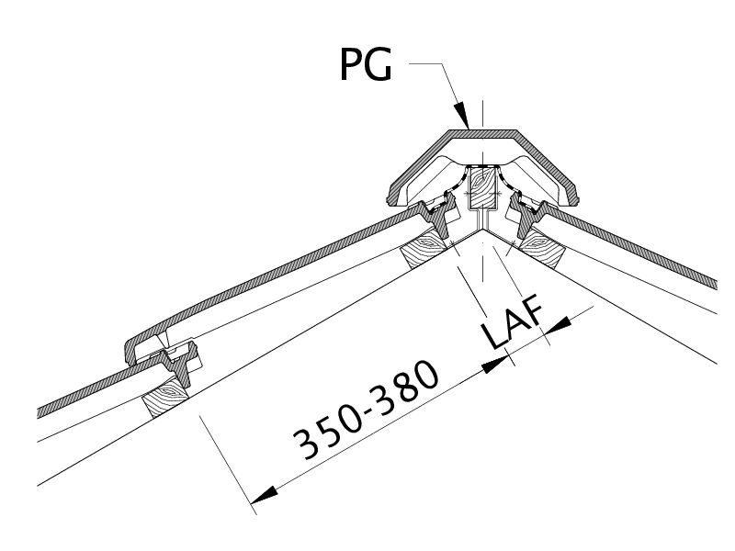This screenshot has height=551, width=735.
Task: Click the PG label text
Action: point(366,65)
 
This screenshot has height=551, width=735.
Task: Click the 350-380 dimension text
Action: point(366,410)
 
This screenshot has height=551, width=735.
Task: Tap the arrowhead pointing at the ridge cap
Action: point(462,114)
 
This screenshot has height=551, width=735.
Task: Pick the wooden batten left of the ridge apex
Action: point(424,250)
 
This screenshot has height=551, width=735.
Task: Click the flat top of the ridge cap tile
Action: point(483,133)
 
